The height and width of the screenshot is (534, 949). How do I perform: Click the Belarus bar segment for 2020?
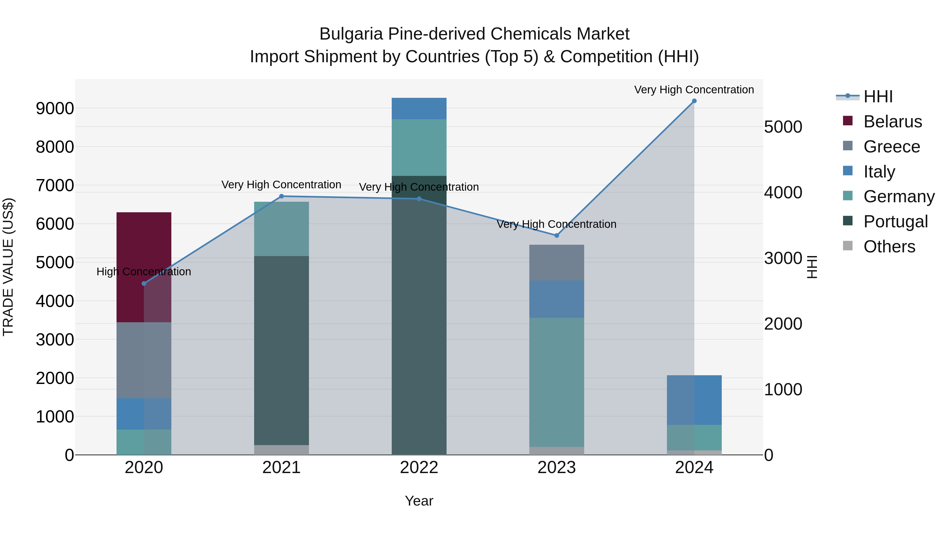144,267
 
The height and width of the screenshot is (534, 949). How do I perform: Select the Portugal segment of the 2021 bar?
282,350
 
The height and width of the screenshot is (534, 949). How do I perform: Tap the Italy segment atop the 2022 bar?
419,108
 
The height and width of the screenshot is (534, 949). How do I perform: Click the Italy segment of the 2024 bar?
694,400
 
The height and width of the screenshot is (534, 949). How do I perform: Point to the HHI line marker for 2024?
694,101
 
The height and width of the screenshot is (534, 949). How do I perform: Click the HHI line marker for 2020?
144,283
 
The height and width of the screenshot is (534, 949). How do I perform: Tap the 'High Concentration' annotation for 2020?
144,272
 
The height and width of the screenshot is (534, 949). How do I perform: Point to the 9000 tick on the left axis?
55,108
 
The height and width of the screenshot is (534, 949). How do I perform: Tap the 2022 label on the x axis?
419,467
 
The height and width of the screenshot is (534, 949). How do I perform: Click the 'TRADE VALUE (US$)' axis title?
8,267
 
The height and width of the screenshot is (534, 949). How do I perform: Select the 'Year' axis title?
419,501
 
